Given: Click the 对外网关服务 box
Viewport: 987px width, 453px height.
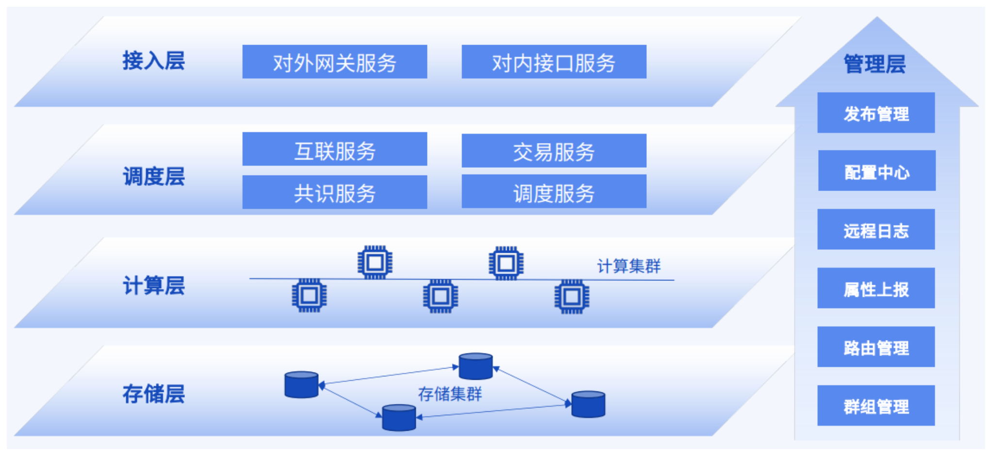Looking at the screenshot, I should [334, 62].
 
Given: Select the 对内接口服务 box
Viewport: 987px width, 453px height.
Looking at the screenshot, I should [554, 62].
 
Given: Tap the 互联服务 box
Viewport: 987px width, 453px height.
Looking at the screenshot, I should [334, 149].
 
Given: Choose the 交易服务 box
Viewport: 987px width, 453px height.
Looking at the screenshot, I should [554, 151].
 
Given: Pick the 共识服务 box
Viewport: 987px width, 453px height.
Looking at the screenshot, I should [334, 192].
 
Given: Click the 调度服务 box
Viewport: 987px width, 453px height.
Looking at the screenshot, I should [554, 192].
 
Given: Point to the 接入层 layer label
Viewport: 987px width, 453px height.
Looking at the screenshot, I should [153, 61].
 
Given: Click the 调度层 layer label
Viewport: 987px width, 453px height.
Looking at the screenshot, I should [153, 176].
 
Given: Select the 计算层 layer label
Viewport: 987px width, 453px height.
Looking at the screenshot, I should [153, 285].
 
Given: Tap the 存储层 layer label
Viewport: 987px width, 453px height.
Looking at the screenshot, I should [153, 393].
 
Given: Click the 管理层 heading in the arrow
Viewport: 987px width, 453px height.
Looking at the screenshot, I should [874, 64].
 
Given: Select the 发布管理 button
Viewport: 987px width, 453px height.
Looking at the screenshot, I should [876, 113].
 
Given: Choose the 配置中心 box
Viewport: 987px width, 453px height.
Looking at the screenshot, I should [876, 171].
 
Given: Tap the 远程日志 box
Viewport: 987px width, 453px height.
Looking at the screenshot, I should [876, 229].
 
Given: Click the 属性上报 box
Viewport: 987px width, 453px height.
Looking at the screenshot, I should [876, 288].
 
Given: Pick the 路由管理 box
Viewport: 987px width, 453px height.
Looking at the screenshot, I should [876, 347].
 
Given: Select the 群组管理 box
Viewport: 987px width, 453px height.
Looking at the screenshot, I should [876, 405].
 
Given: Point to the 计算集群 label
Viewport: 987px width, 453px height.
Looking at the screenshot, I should [628, 266].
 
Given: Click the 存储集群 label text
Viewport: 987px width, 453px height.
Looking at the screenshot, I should [450, 394].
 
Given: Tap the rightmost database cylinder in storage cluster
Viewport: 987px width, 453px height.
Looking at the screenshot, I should [588, 404].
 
